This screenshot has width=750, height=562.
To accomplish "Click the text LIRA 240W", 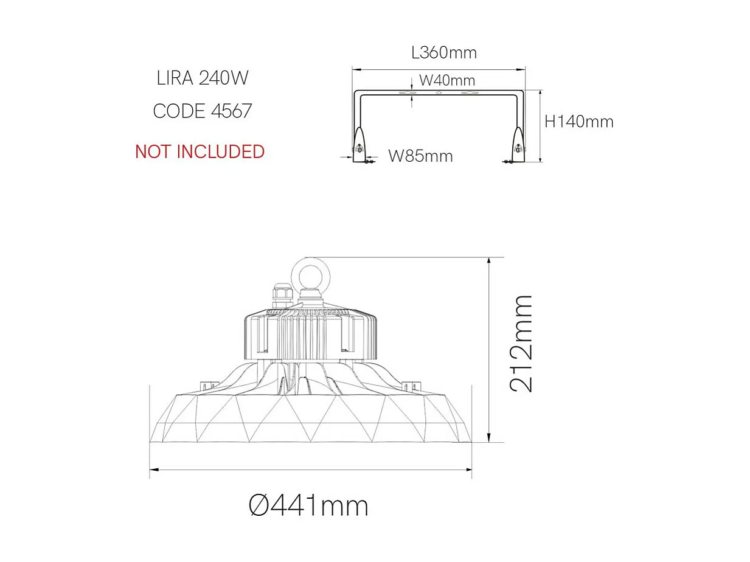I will pyautogui.click(x=203, y=78).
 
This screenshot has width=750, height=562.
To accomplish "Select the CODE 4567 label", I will pyautogui.click(x=203, y=111).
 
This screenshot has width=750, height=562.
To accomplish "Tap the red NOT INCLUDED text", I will pyautogui.click(x=200, y=151).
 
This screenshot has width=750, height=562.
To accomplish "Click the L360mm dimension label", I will pyautogui.click(x=444, y=53).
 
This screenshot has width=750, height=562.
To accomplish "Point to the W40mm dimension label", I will pyautogui.click(x=447, y=80).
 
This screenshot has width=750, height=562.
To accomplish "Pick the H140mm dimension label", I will pyautogui.click(x=578, y=122).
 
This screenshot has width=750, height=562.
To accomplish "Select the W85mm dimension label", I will pyautogui.click(x=420, y=156).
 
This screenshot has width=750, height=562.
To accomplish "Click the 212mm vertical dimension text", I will pyautogui.click(x=521, y=344).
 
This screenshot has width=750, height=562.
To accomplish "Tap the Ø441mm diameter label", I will pyautogui.click(x=309, y=505).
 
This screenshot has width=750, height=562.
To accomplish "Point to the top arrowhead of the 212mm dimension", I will pyautogui.click(x=489, y=261).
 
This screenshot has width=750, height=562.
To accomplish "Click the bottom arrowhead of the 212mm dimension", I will pyautogui.click(x=489, y=439).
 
